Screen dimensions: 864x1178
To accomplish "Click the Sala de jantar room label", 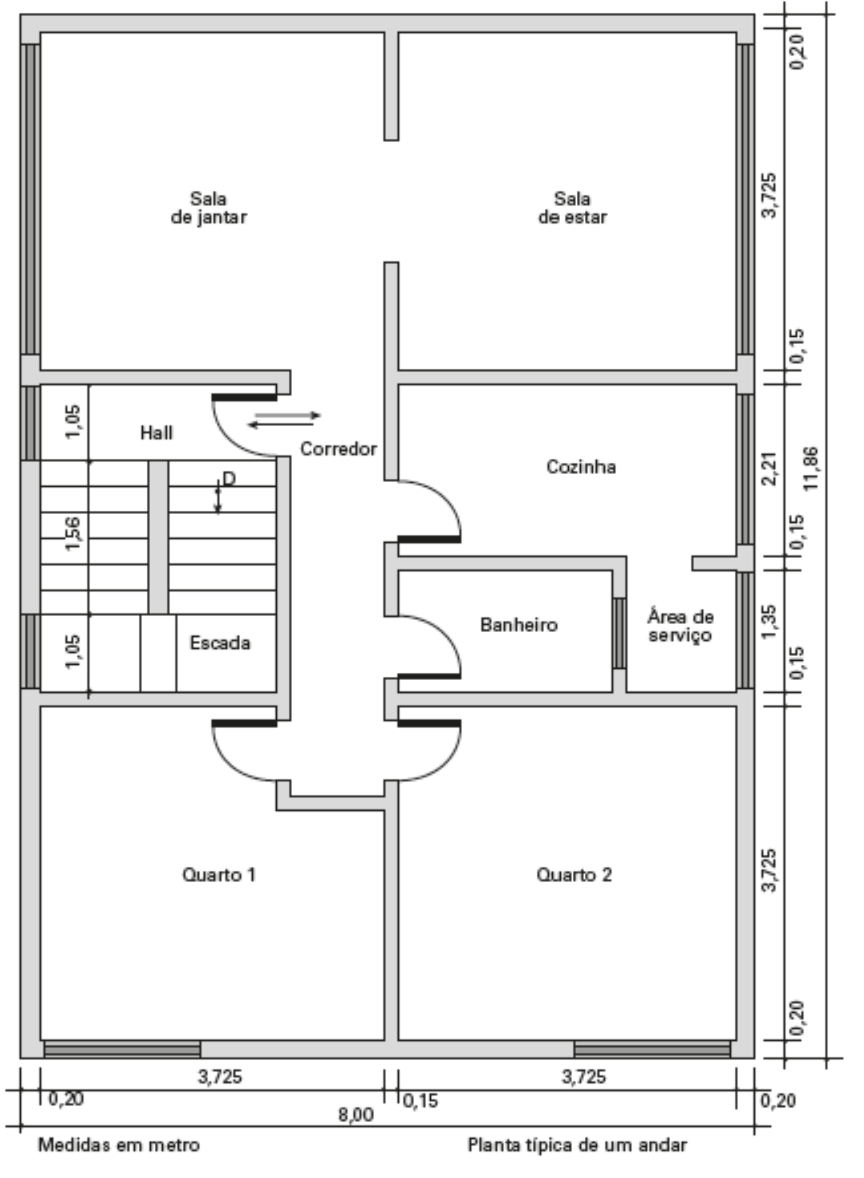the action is coord(209,208).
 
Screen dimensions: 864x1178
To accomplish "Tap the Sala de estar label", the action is coord(572,208).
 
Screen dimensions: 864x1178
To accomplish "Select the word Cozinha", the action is coord(582,466).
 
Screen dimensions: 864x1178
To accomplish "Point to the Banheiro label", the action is coord(519,624).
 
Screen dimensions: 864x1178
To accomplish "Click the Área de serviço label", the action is coord(680,626).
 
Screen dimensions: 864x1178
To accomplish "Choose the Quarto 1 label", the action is coord(219,875).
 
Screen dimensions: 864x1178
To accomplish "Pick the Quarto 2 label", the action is coord(574,875).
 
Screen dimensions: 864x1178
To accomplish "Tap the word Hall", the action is coord(156,433).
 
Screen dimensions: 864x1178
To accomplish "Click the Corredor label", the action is coord(338,449).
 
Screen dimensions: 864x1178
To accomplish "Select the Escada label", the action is coord(219,642).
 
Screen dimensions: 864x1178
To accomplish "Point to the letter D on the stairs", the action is coord(229,479).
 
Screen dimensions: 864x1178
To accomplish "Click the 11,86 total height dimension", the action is coord(811,468).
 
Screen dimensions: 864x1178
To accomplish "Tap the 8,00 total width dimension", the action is coord(356,1114).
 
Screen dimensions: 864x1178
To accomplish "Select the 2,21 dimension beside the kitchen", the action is coord(770,469).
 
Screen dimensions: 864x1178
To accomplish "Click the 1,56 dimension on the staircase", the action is coord(73,534).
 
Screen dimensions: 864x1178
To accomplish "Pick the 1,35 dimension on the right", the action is coord(770,622).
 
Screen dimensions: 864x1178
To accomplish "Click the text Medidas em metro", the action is coord(119,1144).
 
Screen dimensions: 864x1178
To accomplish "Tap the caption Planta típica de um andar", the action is coord(577,1144).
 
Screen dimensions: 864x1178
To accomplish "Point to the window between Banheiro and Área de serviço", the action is coord(620,633).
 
